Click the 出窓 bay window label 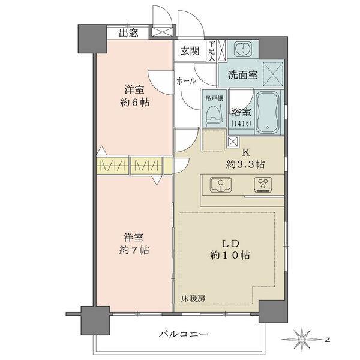[x=128, y=33]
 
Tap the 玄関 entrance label [x=191, y=51]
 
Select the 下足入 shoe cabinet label [x=213, y=48]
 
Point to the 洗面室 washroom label [x=243, y=76]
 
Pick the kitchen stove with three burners [x=263, y=185]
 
